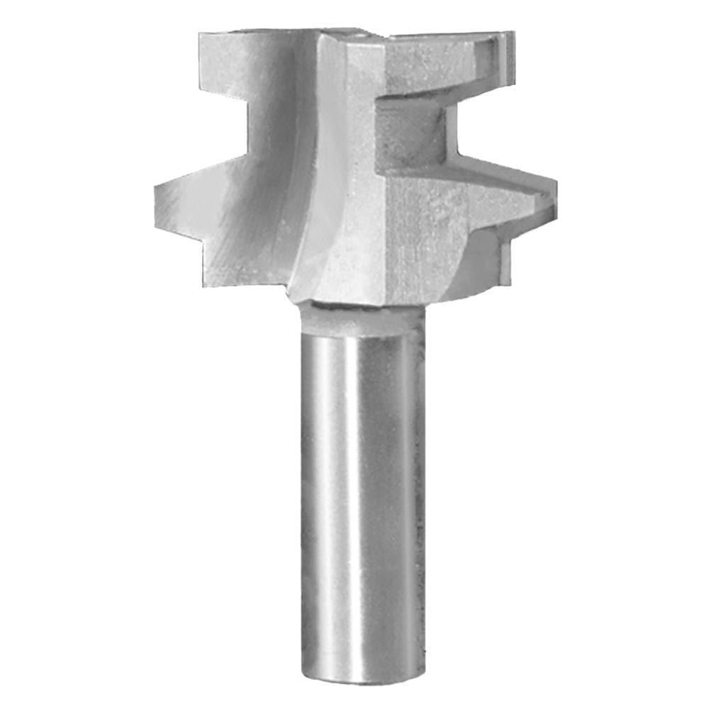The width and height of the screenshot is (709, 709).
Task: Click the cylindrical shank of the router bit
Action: coord(358,496)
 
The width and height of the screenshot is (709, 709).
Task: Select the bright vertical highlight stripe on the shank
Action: coord(333,496)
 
